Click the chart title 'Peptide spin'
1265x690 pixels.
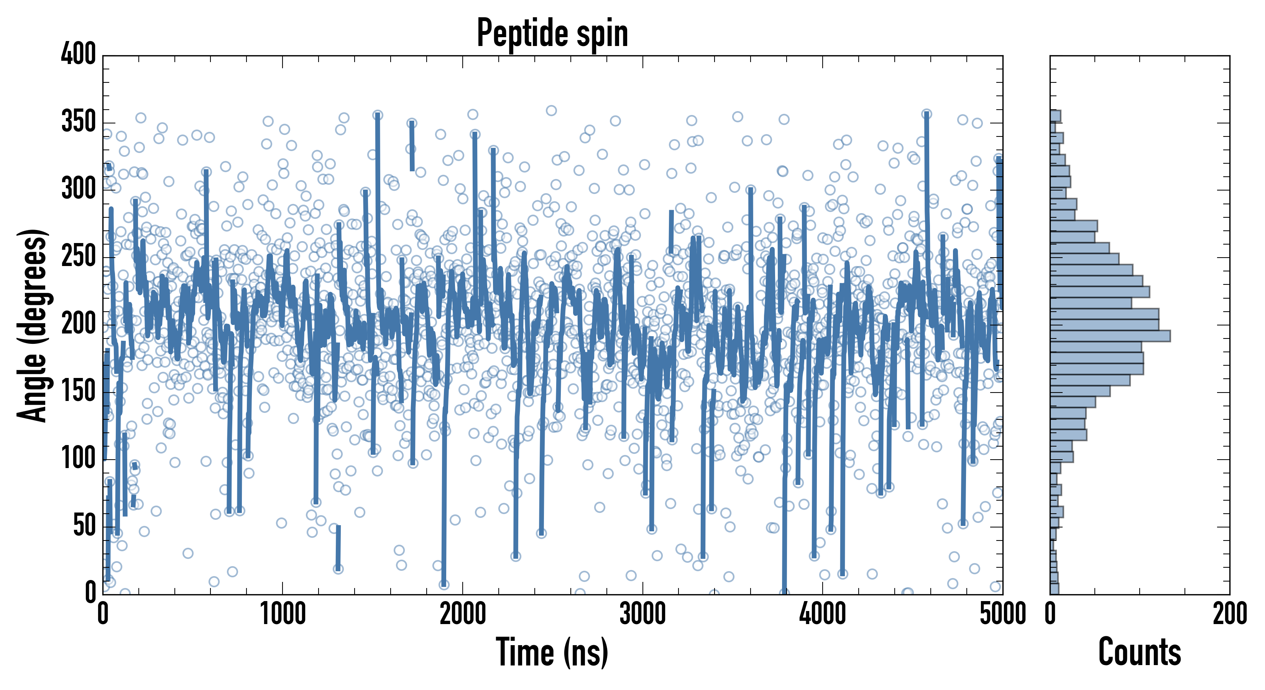tap(552, 33)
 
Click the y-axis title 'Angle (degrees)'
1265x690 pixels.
tap(33, 325)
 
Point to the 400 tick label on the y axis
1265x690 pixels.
tap(79, 54)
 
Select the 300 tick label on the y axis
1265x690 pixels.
tap(79, 189)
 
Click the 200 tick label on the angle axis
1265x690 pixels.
tap(79, 324)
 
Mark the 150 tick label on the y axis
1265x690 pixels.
tap(79, 391)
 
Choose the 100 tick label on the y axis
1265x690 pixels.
tap(79, 458)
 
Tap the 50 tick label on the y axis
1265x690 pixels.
tap(84, 526)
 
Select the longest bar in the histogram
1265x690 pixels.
tap(1110, 336)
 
